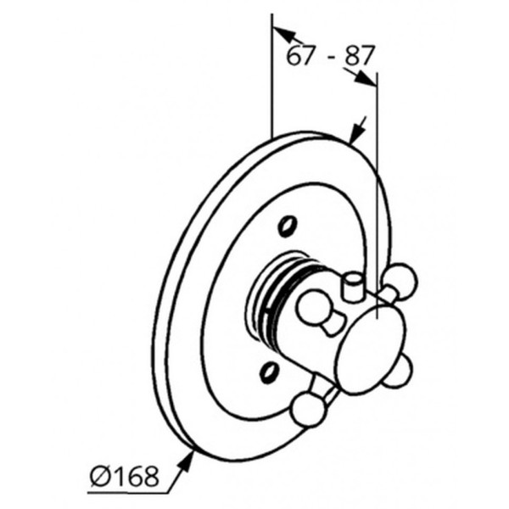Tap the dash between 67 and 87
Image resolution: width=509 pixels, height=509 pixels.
[x=331, y=57]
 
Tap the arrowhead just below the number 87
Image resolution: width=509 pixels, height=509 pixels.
[x=365, y=79]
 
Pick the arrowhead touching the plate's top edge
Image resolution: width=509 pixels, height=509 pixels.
[x=355, y=134]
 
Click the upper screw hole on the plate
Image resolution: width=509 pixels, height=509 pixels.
[x=288, y=226]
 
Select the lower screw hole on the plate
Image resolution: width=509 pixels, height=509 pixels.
[x=269, y=372]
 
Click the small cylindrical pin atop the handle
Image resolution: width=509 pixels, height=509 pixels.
[x=354, y=286]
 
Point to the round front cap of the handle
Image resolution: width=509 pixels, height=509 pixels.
[x=371, y=350]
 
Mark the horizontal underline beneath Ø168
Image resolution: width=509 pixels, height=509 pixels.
[x=128, y=494]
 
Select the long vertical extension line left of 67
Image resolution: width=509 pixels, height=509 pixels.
[x=272, y=76]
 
